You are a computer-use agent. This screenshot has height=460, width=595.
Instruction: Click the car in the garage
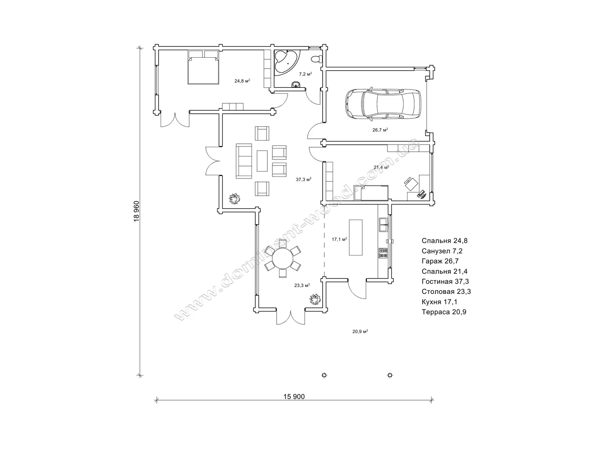click(383, 103)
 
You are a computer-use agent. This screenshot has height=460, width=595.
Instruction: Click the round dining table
click(282, 258)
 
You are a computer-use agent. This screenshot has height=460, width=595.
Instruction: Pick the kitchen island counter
click(356, 237)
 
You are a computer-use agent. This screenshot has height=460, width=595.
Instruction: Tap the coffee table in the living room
click(262, 161)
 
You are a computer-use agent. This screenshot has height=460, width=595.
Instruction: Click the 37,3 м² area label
click(303, 179)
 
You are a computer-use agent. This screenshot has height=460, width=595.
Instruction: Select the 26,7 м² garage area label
click(380, 130)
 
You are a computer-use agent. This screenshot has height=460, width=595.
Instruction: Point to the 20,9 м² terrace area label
click(360, 331)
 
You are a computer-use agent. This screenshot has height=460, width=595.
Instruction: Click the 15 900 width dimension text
click(294, 396)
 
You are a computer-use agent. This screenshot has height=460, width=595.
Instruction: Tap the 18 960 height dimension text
click(136, 211)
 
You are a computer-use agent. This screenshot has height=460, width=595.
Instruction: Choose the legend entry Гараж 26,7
click(440, 261)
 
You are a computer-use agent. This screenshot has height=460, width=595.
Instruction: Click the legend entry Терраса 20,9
click(444, 312)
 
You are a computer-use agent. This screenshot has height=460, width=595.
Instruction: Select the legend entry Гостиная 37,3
click(445, 281)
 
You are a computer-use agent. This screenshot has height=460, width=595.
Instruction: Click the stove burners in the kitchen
click(383, 253)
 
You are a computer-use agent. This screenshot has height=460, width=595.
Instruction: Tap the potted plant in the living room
click(234, 199)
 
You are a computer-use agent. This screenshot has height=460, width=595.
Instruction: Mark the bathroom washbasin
click(295, 84)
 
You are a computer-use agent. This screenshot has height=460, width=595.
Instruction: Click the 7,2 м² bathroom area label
click(305, 74)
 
